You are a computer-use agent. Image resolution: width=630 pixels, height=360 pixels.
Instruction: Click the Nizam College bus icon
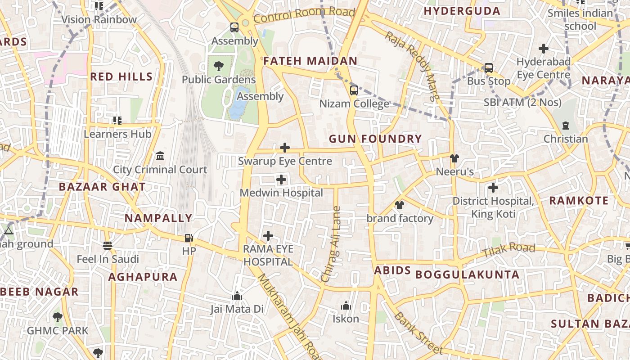[354, 90]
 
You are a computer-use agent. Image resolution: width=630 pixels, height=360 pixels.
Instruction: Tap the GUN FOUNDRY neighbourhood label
[375, 139]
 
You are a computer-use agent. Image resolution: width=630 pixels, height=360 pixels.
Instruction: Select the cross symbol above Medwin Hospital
[281, 180]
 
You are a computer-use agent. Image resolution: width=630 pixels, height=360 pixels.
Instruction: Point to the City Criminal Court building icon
[160, 156]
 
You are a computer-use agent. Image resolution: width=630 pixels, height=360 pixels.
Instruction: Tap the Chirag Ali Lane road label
[332, 244]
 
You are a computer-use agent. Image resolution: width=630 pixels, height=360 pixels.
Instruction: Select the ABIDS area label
[392, 270]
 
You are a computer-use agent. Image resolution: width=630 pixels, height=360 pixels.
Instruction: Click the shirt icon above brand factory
[399, 205]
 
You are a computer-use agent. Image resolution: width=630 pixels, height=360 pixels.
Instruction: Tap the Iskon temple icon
[346, 306]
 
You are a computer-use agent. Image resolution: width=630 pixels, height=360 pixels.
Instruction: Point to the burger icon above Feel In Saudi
[107, 246]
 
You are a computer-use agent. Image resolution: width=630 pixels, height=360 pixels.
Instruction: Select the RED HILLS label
[121, 76]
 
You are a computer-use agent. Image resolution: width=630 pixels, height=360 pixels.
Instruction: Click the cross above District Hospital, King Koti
[493, 187]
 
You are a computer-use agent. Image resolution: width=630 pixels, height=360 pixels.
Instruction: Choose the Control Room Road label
[304, 15]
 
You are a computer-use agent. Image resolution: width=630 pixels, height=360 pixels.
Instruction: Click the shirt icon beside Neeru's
[454, 158]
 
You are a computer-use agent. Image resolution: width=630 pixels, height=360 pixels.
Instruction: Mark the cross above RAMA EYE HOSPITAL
[268, 236]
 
